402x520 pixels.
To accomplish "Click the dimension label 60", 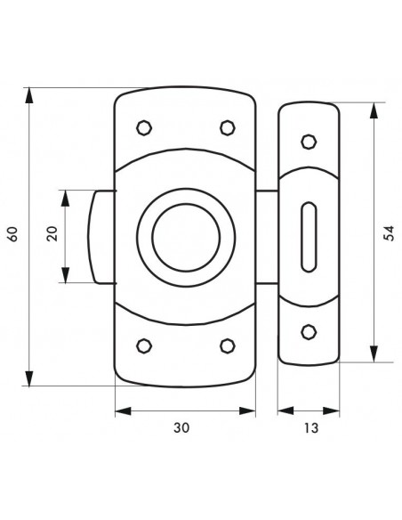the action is click(12, 234).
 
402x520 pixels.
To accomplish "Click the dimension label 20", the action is click(52, 233).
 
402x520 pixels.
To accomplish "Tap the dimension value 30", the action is click(181, 427).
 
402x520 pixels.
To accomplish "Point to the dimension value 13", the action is click(311, 427).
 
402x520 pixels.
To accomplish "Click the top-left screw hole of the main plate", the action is click(144, 127).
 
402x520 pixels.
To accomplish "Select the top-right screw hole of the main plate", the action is click(228, 127).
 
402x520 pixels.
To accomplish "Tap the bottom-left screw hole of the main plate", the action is click(144, 345).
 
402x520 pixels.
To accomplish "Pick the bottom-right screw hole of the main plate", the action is click(228, 345).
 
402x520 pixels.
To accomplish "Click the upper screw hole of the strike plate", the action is click(309, 142).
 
